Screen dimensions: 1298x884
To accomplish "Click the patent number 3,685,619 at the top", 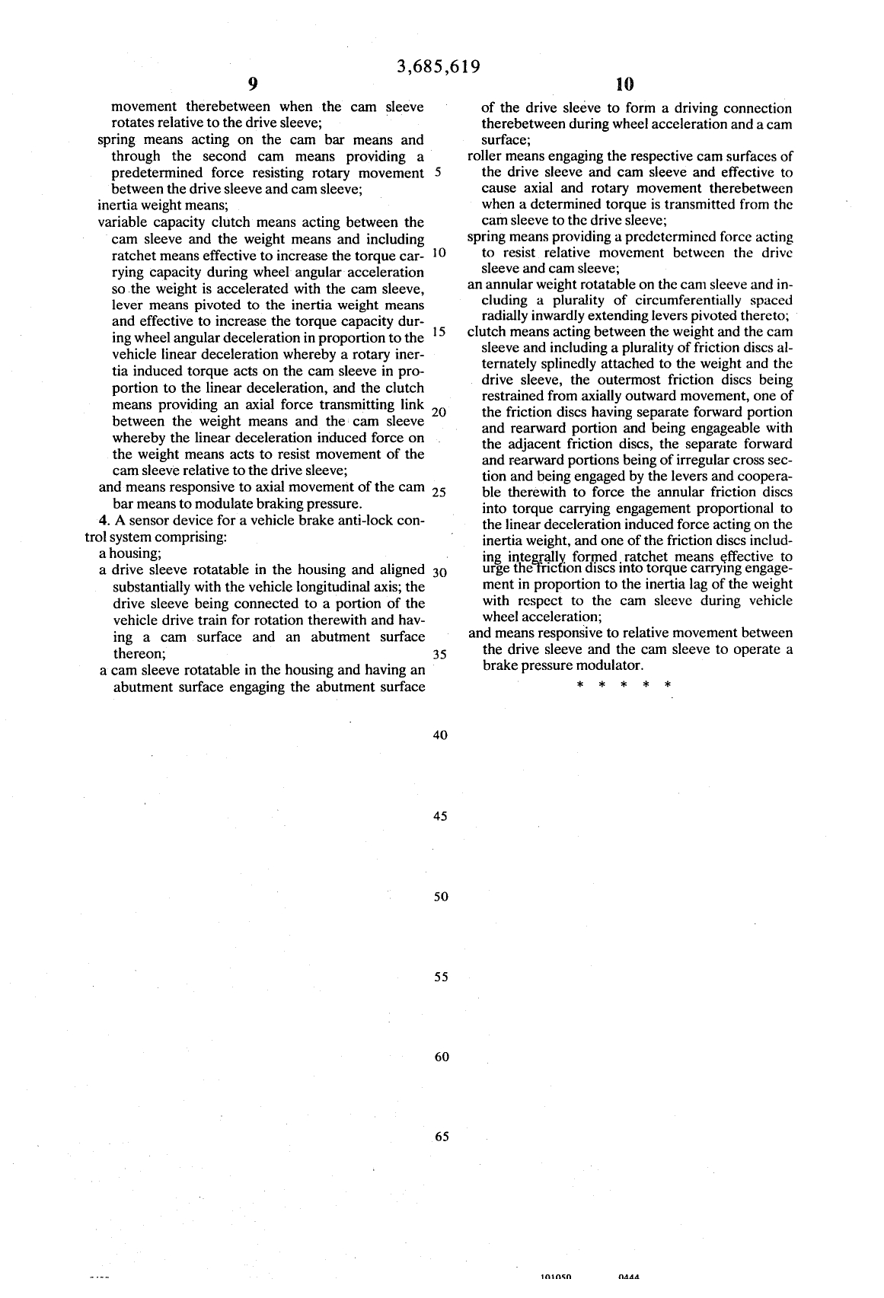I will [439, 66].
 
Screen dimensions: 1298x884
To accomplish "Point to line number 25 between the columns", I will [439, 492].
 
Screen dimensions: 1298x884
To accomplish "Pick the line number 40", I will [439, 735].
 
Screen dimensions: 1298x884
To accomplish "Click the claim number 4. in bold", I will [105, 521].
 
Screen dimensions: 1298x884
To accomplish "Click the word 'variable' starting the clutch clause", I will [123, 222].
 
